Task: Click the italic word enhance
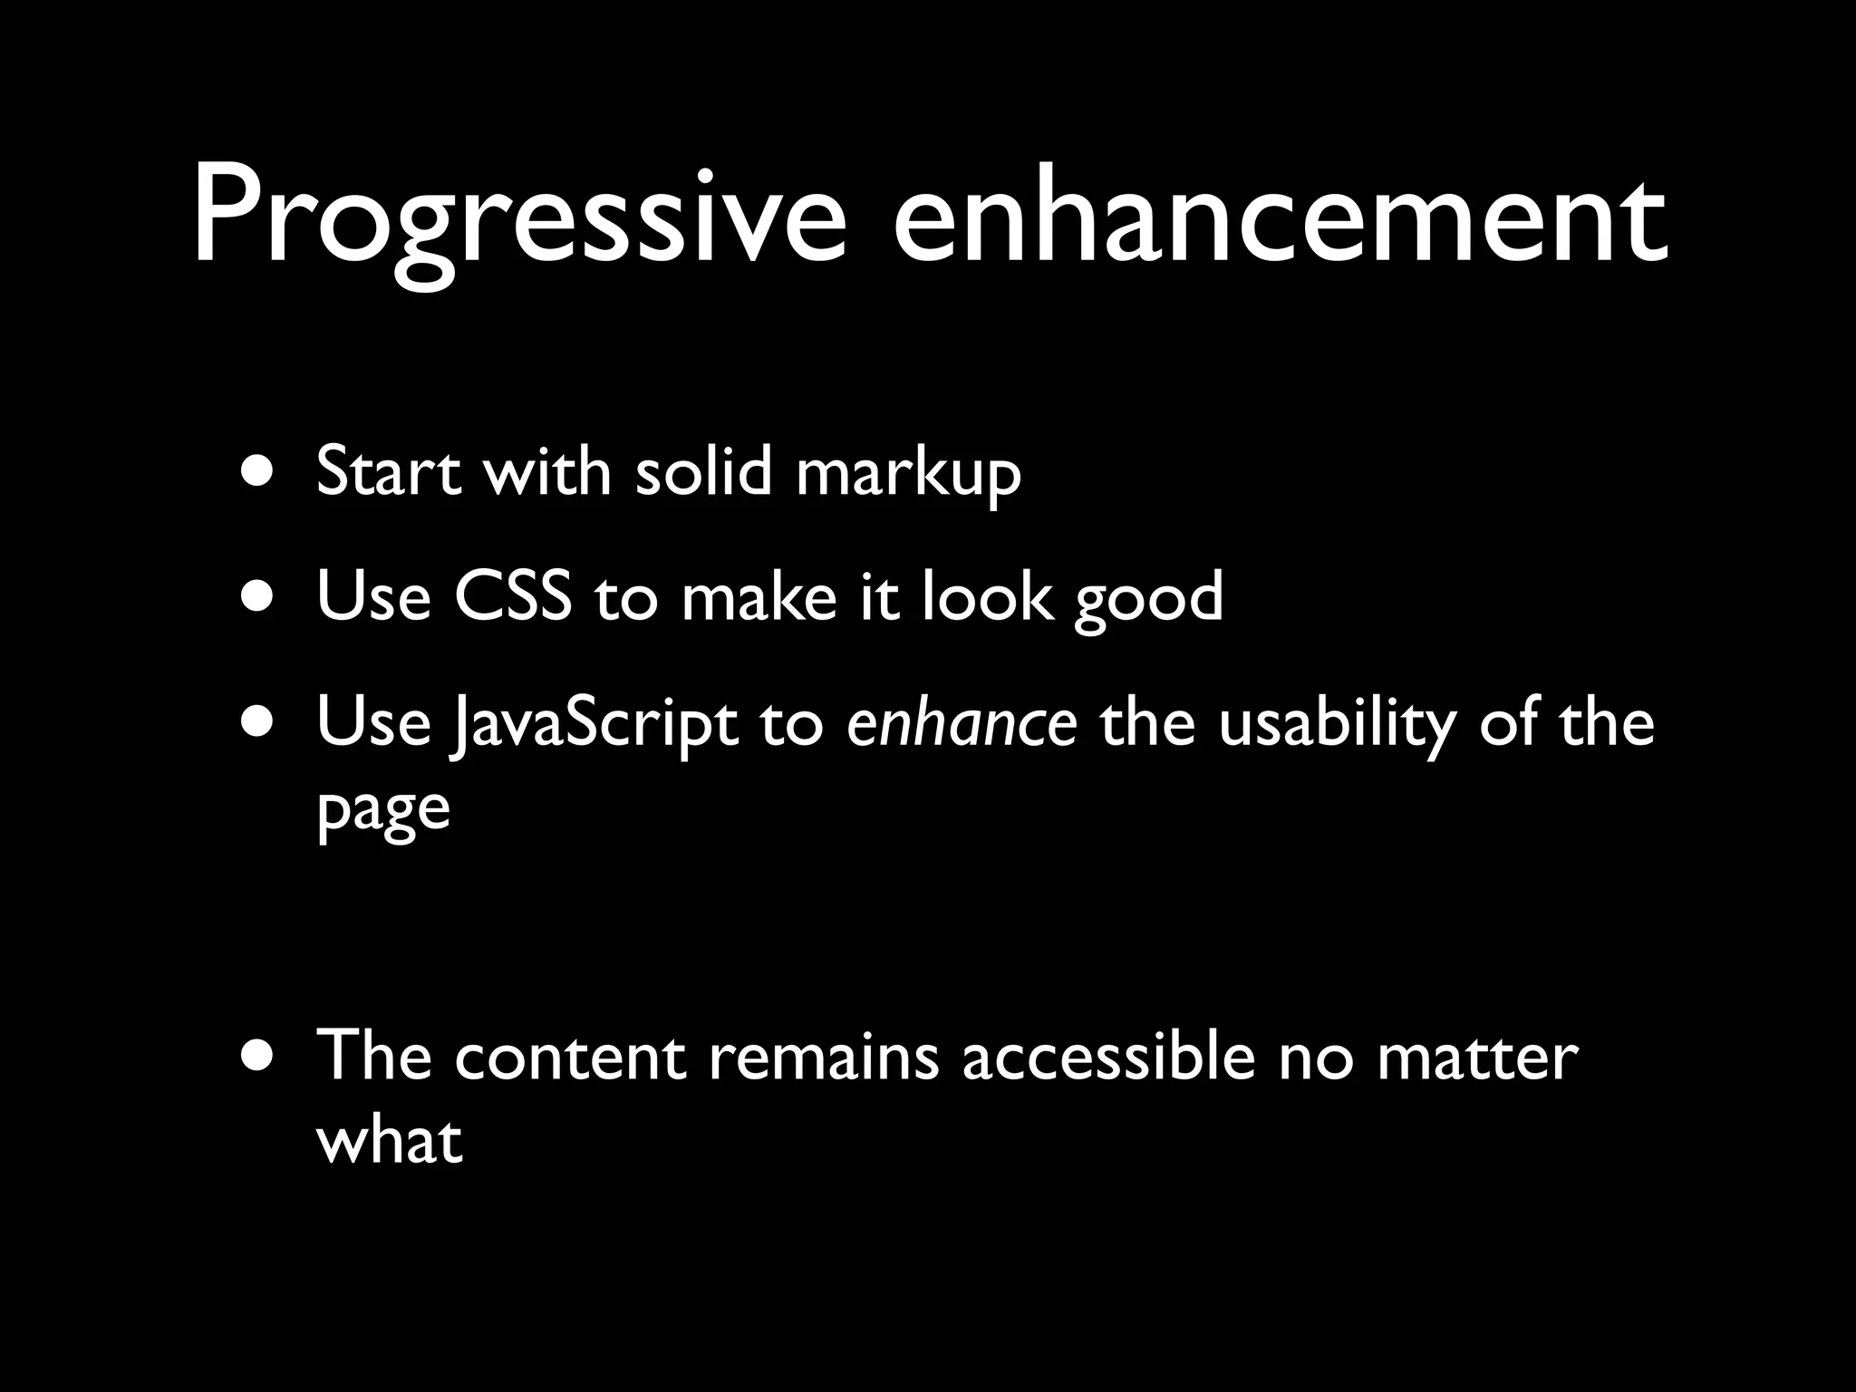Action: click(x=962, y=723)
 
